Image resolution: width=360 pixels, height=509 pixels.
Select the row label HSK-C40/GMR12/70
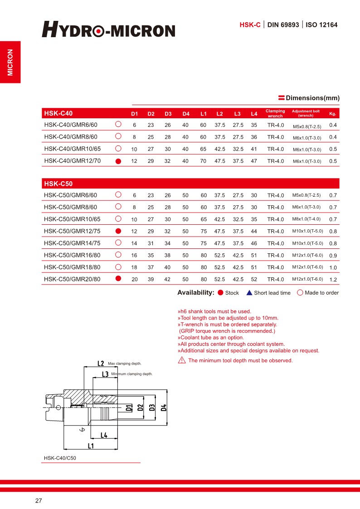point(73,160)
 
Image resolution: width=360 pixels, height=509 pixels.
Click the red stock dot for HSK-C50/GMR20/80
point(118,279)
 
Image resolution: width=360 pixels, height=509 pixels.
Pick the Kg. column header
point(332,113)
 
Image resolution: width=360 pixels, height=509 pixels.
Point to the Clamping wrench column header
point(275,113)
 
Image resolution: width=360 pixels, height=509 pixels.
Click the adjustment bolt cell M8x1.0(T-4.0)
point(306,219)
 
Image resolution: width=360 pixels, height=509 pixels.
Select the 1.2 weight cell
point(333,279)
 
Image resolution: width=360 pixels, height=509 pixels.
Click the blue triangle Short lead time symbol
point(249,293)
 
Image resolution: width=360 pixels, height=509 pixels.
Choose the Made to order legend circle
point(300,292)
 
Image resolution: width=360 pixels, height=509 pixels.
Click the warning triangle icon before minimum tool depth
point(181,360)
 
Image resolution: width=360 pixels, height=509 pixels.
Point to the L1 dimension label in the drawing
point(91,446)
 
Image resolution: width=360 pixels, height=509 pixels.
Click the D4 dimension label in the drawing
point(164,407)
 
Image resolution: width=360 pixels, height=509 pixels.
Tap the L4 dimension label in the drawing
point(103,435)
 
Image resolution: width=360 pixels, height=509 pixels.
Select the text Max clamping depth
point(125,364)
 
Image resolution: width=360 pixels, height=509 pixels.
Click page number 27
point(39,501)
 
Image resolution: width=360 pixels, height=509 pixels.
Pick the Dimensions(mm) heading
point(312,98)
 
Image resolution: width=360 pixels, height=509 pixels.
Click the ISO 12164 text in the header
point(321,25)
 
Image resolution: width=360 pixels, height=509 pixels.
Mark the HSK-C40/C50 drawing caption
point(60,458)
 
